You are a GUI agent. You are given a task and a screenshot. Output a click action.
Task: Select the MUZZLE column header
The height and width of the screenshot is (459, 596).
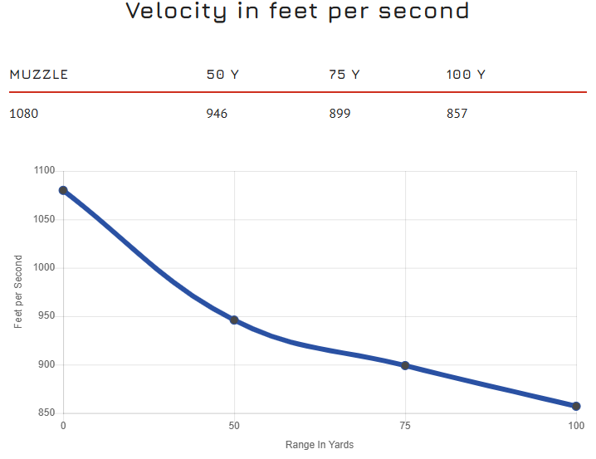coord(39,75)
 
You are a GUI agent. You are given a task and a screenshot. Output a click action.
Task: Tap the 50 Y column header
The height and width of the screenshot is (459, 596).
coord(222,75)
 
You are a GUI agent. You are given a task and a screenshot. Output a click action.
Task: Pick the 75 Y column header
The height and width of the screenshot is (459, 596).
coord(344,75)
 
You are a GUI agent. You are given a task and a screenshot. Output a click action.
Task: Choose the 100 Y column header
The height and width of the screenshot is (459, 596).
coord(466,75)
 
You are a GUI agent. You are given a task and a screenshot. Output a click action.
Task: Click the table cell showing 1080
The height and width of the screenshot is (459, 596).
coord(24,113)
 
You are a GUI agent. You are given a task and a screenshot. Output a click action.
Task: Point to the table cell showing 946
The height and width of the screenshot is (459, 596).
coord(217,113)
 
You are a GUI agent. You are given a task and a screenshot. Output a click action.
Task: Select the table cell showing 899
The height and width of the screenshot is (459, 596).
coord(340,113)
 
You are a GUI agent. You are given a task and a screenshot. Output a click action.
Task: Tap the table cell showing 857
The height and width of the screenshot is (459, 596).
coord(457,113)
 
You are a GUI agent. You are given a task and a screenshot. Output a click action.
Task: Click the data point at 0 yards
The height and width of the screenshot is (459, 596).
coord(63,190)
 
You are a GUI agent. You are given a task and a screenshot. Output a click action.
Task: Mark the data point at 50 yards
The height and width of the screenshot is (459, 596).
coord(234,320)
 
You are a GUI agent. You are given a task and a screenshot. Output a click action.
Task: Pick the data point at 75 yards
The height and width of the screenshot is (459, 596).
coord(405,365)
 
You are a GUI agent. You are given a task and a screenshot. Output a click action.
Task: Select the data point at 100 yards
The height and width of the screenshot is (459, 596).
coord(576,406)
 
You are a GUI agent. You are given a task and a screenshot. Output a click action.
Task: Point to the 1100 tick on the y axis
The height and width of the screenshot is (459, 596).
coord(45,171)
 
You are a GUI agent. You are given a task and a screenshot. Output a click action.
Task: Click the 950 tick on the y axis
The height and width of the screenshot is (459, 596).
coord(46,316)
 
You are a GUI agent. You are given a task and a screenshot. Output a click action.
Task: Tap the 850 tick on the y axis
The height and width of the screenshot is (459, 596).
coord(46,413)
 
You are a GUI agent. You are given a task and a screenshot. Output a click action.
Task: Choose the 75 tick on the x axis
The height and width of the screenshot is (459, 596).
coord(405,426)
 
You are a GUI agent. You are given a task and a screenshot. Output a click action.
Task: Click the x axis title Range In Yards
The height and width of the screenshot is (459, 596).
coord(320,445)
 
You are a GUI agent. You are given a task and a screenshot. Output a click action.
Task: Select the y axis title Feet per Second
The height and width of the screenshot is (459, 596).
coord(18,291)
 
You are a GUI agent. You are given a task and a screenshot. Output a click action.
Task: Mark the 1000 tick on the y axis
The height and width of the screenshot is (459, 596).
coord(45,268)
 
